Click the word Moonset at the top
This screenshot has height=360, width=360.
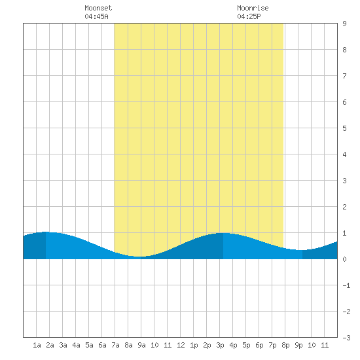(x=98, y=8)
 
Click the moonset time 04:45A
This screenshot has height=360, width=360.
(x=96, y=16)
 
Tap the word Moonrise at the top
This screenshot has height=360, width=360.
(x=253, y=8)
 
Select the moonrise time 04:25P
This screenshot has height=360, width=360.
(x=249, y=16)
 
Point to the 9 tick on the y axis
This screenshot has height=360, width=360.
(x=344, y=24)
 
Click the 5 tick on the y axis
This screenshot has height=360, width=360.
(x=344, y=128)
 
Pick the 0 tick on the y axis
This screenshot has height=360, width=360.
(x=344, y=259)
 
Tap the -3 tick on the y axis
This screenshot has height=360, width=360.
(x=346, y=338)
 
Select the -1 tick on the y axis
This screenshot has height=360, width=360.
(x=346, y=285)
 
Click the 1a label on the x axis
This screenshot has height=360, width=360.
(x=37, y=345)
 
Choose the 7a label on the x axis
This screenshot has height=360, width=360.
(x=115, y=345)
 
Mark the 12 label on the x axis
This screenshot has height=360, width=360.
(x=181, y=345)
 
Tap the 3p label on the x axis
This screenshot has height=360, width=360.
(x=220, y=345)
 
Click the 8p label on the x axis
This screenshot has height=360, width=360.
(x=285, y=345)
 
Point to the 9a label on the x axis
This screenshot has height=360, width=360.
(x=141, y=345)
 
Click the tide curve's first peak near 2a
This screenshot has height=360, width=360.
(x=46, y=232)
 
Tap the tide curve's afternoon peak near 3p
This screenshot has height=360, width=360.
(x=223, y=233)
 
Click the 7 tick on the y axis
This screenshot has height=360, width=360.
(x=344, y=76)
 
